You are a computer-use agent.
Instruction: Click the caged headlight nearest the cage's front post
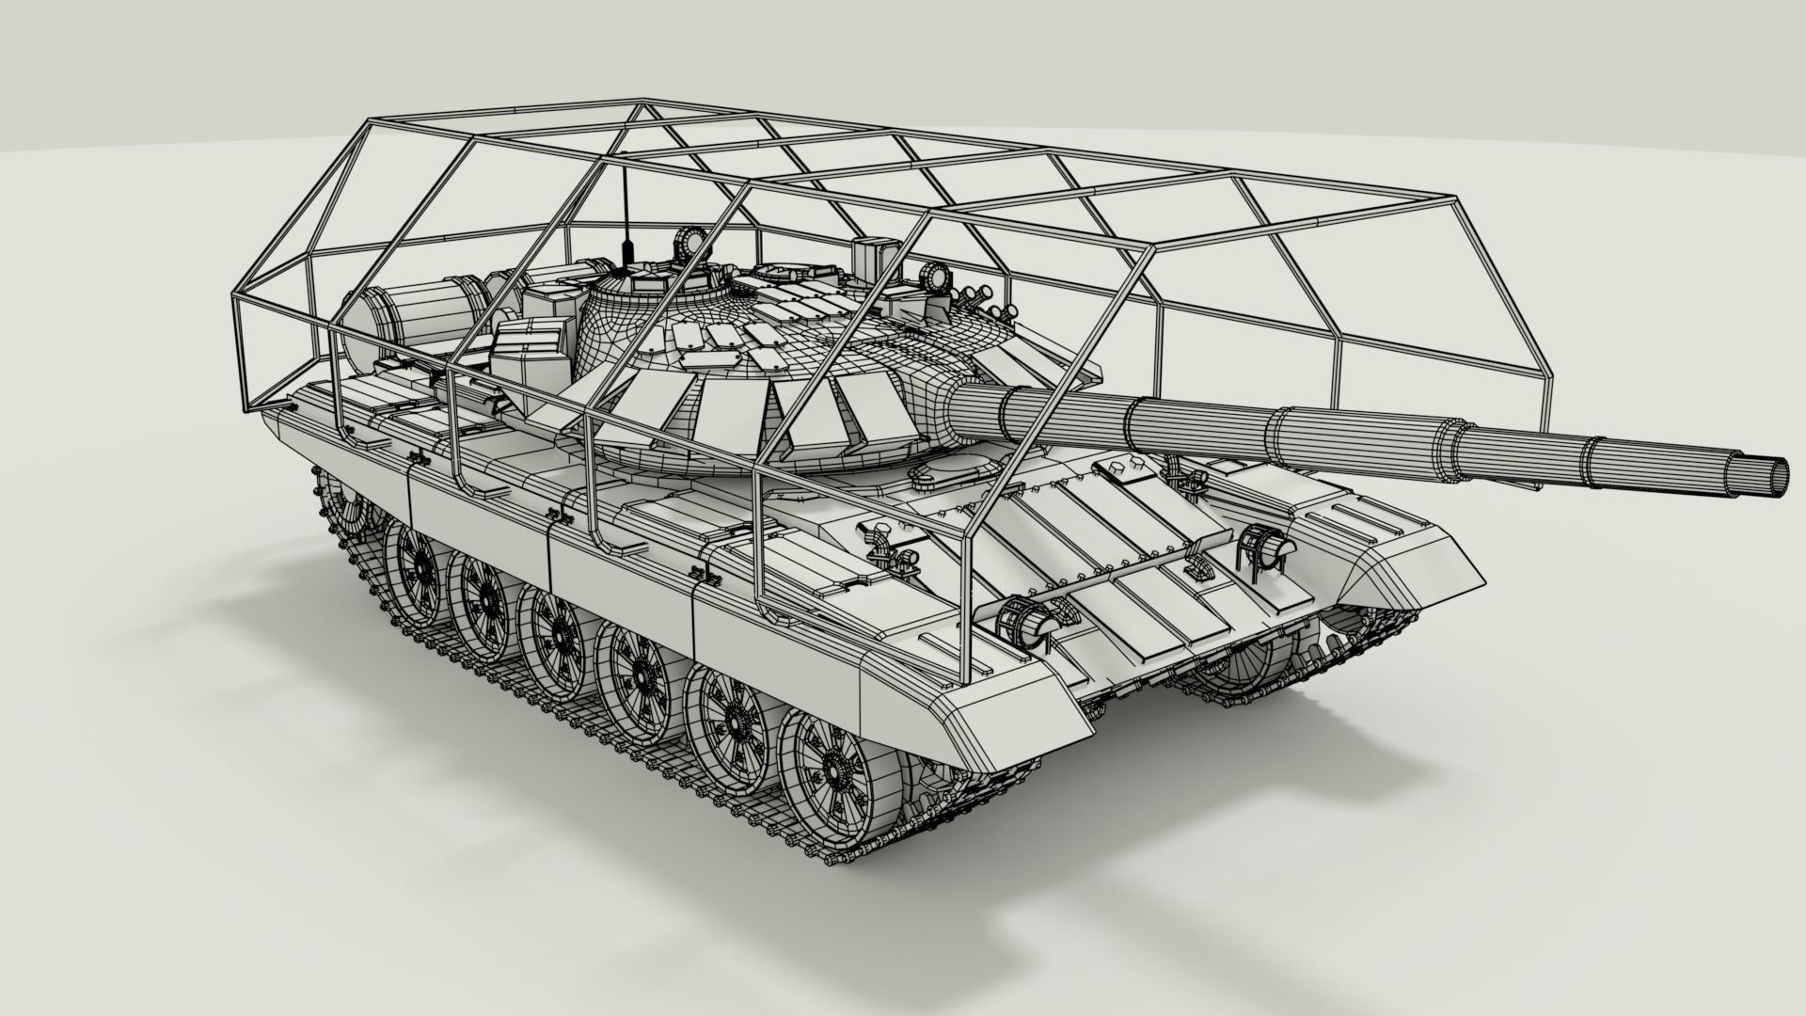(x=1027, y=620)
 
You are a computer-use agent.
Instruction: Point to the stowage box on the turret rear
(x=531, y=349)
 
